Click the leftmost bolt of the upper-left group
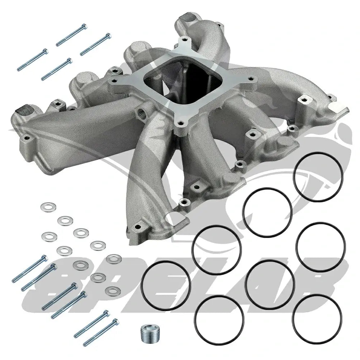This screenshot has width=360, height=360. [33, 60]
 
